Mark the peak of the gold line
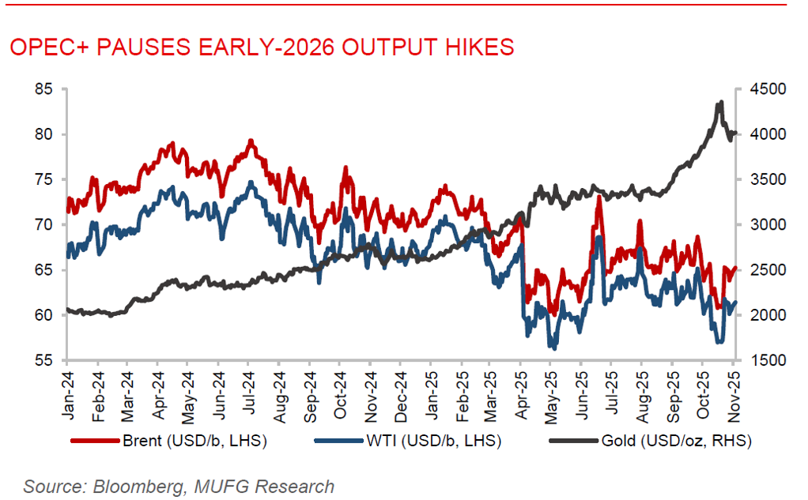720,102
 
